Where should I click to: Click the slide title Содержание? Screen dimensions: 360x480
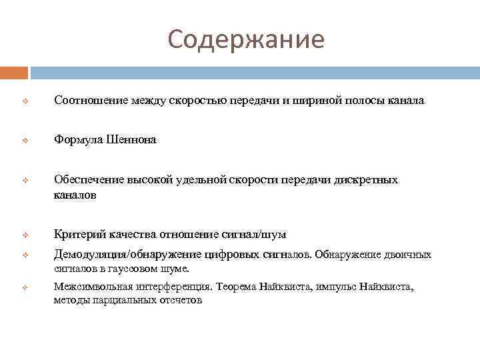pos(246,39)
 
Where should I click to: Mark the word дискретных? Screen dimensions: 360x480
pos(367,180)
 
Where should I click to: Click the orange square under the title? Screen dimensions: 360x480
pos(13,72)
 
